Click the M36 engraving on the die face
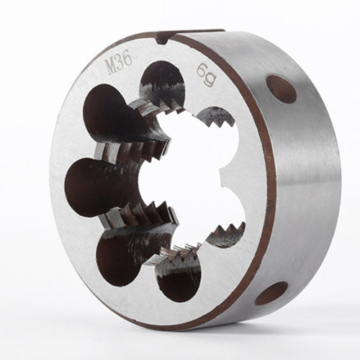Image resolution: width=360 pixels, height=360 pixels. coord(120,63)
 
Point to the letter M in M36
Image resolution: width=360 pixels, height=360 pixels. coord(112,66)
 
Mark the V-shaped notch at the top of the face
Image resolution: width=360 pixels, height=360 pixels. coord(163,41)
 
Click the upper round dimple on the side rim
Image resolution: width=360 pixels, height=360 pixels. coord(282,89)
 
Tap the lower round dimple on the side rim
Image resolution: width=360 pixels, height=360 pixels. coord(271,293)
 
